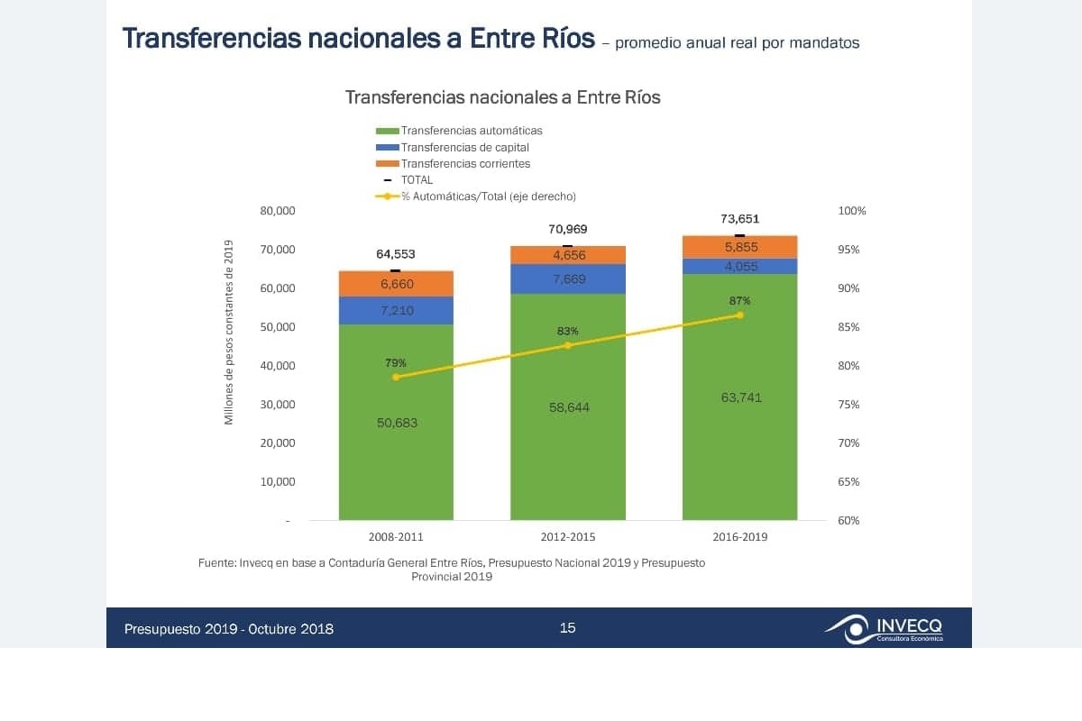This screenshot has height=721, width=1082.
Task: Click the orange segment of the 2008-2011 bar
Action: [x=396, y=284]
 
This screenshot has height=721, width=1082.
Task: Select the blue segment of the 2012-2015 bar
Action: [x=568, y=278]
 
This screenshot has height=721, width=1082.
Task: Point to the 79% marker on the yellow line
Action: [x=396, y=377]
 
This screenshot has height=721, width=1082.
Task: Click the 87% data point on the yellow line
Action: [x=739, y=315]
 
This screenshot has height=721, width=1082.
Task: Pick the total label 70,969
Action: [x=568, y=229]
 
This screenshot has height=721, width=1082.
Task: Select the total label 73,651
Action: [x=739, y=218]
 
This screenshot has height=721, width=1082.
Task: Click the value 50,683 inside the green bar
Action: [x=397, y=423]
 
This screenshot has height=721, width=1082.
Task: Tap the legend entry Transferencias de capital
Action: [x=464, y=147]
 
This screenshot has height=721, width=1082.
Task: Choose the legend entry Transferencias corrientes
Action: [x=465, y=163]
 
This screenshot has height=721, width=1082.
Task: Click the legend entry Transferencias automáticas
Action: [x=472, y=131]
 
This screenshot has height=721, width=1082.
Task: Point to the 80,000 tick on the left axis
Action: [x=279, y=211]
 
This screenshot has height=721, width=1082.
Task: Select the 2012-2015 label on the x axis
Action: [x=568, y=537]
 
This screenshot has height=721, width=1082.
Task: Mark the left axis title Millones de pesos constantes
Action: [x=229, y=332]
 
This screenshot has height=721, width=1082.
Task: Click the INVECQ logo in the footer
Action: [x=884, y=628]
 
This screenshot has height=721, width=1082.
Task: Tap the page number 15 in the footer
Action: [x=567, y=628]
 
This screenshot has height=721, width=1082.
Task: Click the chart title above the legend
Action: [x=502, y=97]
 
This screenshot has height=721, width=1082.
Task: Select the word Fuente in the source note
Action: [x=216, y=563]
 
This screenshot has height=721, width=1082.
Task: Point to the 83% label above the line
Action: [x=567, y=332]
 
